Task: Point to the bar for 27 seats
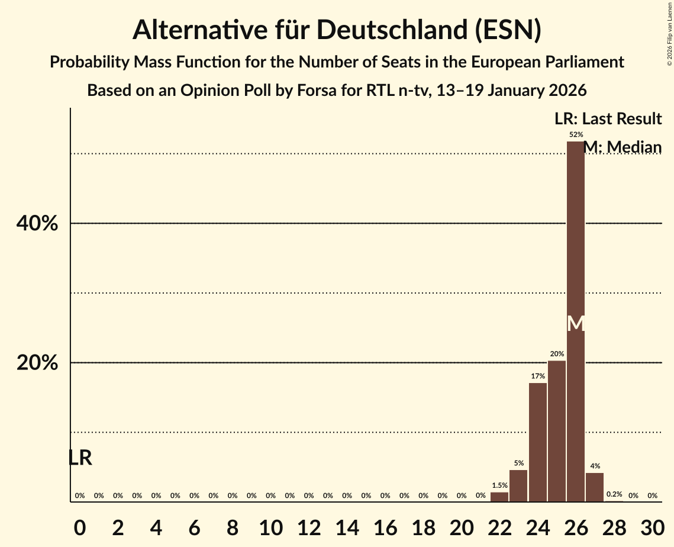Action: (x=595, y=487)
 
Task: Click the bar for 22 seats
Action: (x=499, y=497)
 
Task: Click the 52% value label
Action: (x=575, y=135)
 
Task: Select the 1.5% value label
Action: (x=499, y=485)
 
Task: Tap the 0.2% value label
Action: (x=614, y=494)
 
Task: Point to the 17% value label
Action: (x=537, y=377)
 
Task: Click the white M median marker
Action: (x=575, y=323)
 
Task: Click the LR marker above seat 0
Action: (x=80, y=458)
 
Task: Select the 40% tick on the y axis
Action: (x=37, y=224)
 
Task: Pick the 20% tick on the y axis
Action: (x=37, y=363)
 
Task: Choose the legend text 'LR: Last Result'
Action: (x=608, y=119)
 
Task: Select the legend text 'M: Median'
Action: (x=622, y=147)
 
